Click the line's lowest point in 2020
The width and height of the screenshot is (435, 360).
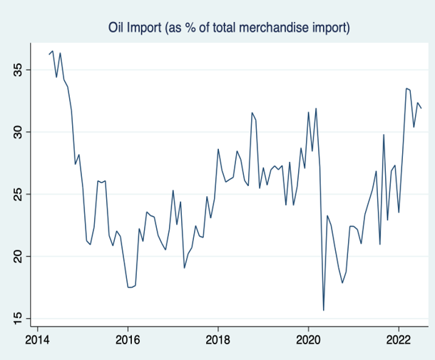(x=324, y=310)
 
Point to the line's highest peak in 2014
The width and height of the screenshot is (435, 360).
(x=53, y=51)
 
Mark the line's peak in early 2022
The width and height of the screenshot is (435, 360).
(x=406, y=88)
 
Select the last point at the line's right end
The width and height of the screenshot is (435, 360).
(x=421, y=108)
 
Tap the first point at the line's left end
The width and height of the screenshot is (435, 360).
(x=49, y=54)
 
